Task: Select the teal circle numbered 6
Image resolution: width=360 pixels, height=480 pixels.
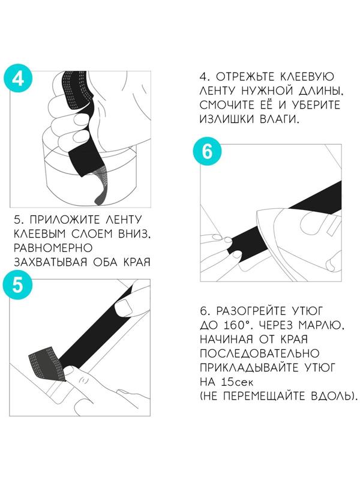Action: tap(207, 151)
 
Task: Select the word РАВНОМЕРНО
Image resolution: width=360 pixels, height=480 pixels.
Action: tap(53, 248)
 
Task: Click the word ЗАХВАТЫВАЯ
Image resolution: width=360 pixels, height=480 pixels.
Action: tap(50, 262)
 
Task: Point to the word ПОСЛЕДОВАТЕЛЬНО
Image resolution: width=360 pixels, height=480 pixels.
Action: tap(260, 353)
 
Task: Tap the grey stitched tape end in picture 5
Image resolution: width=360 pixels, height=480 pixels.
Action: tap(46, 364)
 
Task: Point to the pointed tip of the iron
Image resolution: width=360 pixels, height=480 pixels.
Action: tap(257, 212)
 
